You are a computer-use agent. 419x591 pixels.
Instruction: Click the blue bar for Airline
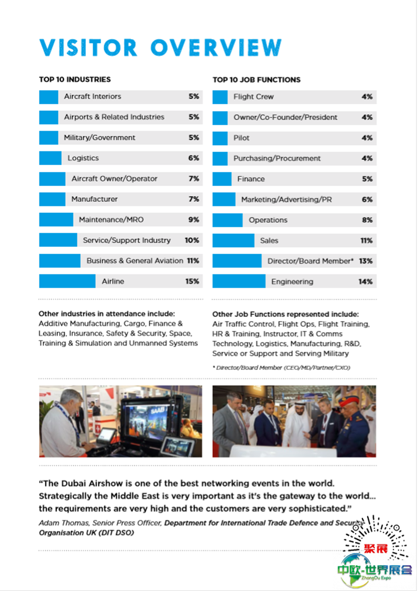[67, 281]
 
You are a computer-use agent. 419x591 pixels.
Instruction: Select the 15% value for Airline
[192, 281]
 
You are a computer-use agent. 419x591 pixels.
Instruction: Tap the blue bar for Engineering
[239, 281]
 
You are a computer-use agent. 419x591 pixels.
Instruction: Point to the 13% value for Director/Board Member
[366, 261]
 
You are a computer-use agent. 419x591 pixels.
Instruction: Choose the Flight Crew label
[253, 97]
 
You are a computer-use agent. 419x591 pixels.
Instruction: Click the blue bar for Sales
[233, 240]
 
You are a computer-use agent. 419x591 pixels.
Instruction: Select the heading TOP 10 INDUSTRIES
[75, 80]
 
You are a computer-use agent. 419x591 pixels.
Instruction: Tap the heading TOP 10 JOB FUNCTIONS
[257, 80]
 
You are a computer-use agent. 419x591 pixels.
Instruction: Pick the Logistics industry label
[83, 158]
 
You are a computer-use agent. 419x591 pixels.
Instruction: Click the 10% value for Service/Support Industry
[192, 240]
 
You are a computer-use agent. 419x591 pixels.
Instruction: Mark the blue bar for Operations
[227, 220]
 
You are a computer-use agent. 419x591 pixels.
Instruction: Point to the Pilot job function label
[241, 138]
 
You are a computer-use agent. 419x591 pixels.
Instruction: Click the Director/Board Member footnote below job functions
[281, 368]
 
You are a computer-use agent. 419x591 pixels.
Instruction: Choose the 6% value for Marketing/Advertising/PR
[367, 200]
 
